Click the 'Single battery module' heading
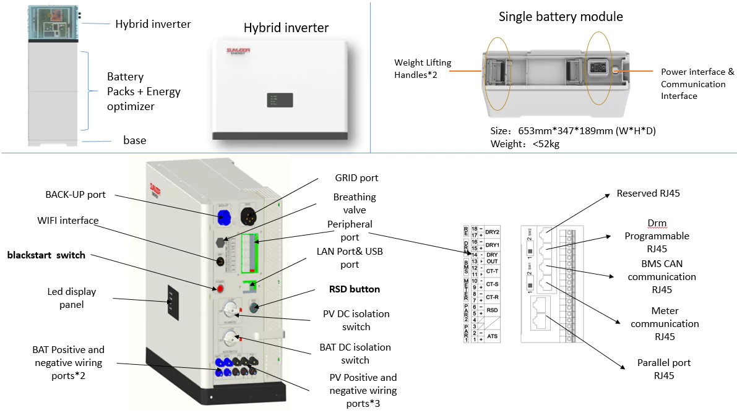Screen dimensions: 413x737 pos(561,17)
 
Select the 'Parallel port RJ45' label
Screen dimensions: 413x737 pos(664,369)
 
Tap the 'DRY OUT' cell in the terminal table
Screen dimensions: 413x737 pos(492,258)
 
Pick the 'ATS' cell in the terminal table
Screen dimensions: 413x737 pos(492,336)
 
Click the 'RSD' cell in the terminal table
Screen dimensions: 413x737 pos(492,310)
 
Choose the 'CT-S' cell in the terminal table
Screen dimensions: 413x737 pos(492,284)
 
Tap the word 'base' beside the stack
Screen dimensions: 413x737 pos(135,140)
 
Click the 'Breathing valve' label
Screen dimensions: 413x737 pos(355,204)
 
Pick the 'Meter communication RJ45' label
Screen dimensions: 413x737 pos(665,323)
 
